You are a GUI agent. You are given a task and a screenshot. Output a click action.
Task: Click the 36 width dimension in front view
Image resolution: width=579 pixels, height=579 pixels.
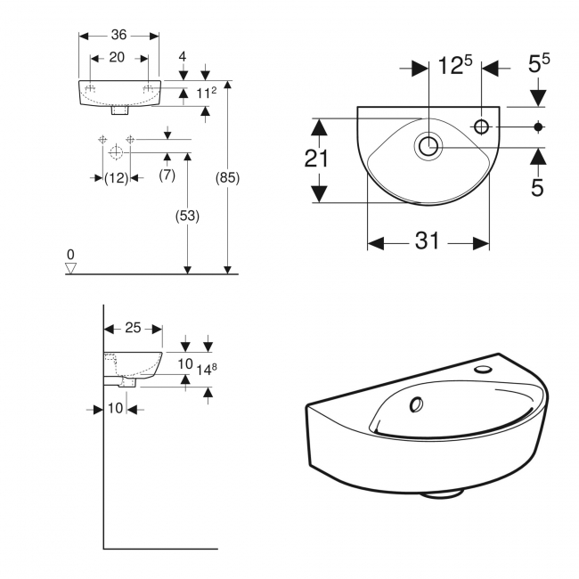[119, 35]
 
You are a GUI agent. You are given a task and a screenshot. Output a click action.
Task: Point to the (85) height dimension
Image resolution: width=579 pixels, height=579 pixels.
[228, 177]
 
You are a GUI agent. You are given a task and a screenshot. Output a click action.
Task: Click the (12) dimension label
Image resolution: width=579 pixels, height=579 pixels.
[117, 177]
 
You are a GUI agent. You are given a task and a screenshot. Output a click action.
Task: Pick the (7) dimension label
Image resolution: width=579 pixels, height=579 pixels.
[167, 175]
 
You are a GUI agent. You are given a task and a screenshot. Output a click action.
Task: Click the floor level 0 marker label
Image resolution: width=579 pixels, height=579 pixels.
[71, 255]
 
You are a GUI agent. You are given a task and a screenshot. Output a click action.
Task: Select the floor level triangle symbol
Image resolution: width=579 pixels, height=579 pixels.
[72, 267]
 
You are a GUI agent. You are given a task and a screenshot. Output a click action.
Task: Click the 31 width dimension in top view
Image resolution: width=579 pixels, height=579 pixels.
[428, 242]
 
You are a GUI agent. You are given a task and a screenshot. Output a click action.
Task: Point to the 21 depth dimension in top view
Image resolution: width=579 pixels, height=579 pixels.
[317, 159]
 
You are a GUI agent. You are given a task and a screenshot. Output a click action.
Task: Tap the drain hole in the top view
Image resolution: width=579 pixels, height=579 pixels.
[428, 145]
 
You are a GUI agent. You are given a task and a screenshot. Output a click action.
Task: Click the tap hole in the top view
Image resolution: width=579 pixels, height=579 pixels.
[482, 127]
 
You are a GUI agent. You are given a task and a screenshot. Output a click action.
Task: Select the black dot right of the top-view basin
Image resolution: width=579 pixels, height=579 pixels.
[538, 127]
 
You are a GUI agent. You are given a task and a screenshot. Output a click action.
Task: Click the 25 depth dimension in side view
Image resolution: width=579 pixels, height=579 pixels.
[133, 329]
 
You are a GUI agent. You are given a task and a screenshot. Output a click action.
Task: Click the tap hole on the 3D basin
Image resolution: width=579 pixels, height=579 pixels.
[484, 367]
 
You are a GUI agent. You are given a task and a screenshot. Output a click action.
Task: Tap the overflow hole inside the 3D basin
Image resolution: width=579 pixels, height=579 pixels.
[416, 405]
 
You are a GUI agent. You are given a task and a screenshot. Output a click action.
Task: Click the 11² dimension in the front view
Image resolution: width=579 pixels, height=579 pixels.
[207, 93]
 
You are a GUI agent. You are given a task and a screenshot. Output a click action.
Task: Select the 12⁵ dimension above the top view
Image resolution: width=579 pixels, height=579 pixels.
[454, 66]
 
